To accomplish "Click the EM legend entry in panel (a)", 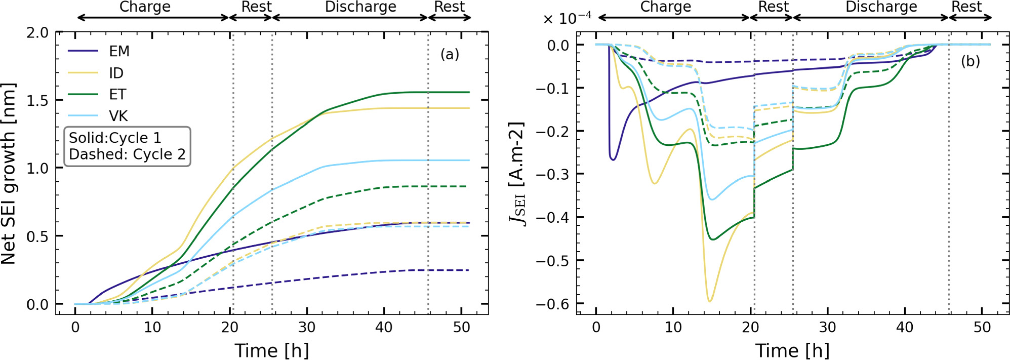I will click(119, 51).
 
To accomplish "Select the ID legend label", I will click(116, 73).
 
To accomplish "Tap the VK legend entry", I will click(118, 116).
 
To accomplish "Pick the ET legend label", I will click(117, 95).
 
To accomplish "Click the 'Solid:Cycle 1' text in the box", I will click(114, 138).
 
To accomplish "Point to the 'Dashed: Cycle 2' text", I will click(127, 154).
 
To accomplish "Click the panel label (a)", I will click(449, 54).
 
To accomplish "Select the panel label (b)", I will click(970, 61).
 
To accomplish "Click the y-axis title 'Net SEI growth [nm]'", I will click(9, 174).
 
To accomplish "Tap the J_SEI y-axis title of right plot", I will click(516, 174).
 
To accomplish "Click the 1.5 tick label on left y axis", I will click(37, 100).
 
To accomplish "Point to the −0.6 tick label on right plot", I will click(552, 304).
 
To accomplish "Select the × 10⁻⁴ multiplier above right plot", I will click(567, 19).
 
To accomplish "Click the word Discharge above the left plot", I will click(360, 7).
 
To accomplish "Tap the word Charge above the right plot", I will click(665, 7).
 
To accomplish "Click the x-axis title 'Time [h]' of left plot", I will click(271, 350).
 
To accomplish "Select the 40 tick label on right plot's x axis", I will click(905, 327).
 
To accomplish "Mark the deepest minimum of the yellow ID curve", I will click(709, 302).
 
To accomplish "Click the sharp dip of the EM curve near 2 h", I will click(613, 159).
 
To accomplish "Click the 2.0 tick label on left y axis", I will click(37, 33).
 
